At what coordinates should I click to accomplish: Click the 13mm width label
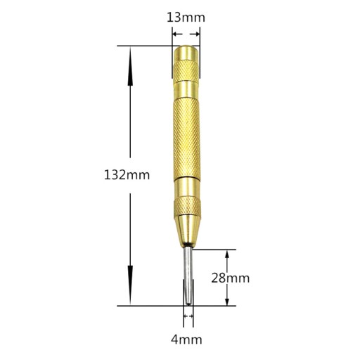(186, 18)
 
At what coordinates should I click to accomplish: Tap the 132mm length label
(127, 175)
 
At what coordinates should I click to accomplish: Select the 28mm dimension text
(231, 278)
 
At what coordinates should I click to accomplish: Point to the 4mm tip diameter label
(186, 340)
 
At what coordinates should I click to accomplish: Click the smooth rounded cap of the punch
(186, 53)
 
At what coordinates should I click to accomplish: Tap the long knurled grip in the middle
(187, 139)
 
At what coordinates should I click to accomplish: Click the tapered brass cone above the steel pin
(188, 231)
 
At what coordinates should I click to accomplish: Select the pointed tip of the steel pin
(188, 304)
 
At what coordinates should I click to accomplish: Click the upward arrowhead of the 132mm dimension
(130, 66)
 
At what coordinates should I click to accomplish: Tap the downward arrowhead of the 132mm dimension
(130, 285)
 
